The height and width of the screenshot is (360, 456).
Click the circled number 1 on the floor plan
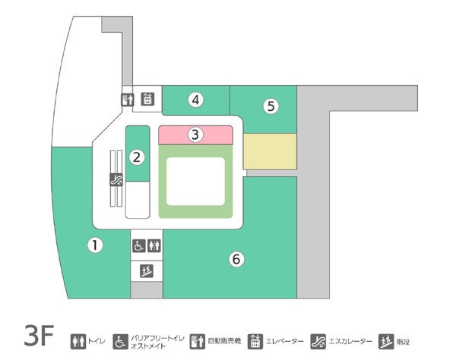pyautogui.click(x=94, y=245)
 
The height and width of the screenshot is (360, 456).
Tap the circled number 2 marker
pyautogui.click(x=137, y=157)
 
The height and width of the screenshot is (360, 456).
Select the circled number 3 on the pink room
pyautogui.click(x=195, y=135)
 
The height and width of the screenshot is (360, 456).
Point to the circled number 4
pyautogui.click(x=196, y=99)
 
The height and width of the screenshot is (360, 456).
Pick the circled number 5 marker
pyautogui.click(x=270, y=106)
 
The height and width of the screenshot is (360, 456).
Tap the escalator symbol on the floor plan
pyautogui.click(x=116, y=180)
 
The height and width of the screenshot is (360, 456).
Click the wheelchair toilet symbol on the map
pyautogui.click(x=139, y=246)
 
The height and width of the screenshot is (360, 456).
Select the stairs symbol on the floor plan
pyautogui.click(x=147, y=270)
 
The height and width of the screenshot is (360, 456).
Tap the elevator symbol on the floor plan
pyautogui.click(x=147, y=99)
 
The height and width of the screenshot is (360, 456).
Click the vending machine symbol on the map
pyautogui.click(x=128, y=99)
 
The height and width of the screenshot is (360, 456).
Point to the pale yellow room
pyautogui.click(x=270, y=151)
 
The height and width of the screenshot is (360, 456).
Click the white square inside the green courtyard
pyautogui.click(x=195, y=181)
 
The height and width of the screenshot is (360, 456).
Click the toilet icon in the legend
pyautogui.click(x=78, y=341)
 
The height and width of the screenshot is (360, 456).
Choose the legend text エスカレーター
pyautogui.click(x=353, y=342)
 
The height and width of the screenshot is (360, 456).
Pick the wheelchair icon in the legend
pyautogui.click(x=120, y=341)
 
